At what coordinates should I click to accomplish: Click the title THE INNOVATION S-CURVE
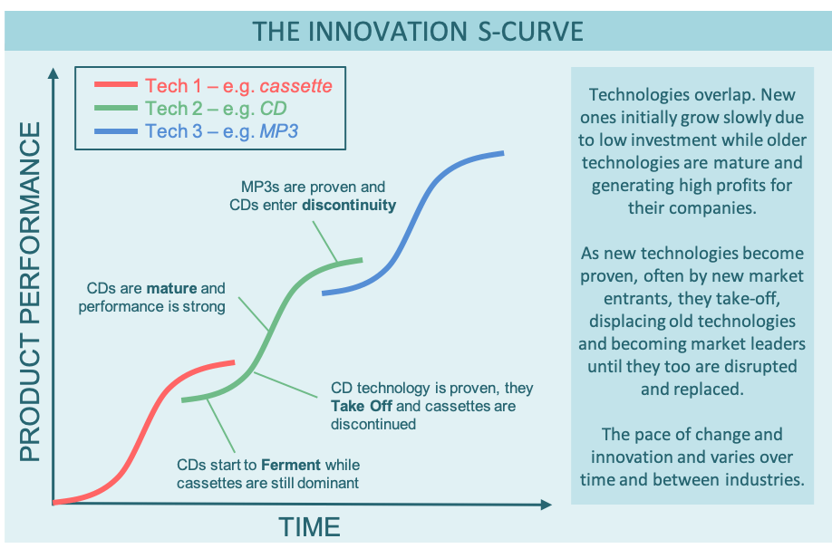pyautogui.click(x=416, y=30)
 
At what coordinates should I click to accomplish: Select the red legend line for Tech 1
pyautogui.click(x=116, y=86)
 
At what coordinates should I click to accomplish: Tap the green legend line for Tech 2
pyautogui.click(x=116, y=109)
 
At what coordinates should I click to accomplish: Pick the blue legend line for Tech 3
pyautogui.click(x=116, y=131)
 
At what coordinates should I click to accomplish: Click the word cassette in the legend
pyautogui.click(x=295, y=86)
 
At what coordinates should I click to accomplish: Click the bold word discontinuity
pyautogui.click(x=349, y=205)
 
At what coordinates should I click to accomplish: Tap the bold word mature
pyautogui.click(x=172, y=289)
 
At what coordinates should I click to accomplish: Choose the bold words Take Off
pyautogui.click(x=362, y=406)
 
